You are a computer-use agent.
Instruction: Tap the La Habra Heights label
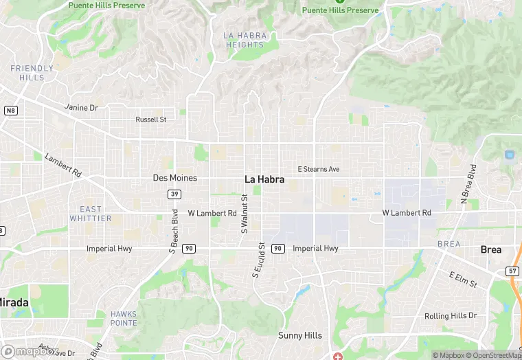click(x=244, y=40)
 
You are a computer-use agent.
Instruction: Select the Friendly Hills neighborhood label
click(x=32, y=73)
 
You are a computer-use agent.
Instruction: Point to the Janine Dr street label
click(x=81, y=108)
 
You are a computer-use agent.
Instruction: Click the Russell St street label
click(x=151, y=120)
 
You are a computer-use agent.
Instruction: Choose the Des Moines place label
click(x=174, y=178)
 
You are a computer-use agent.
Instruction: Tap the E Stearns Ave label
click(x=318, y=169)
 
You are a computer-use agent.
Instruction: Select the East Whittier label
click(x=90, y=214)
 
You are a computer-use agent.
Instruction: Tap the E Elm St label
click(x=462, y=280)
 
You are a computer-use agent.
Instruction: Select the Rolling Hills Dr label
click(x=450, y=316)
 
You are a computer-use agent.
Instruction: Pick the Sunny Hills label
click(x=299, y=336)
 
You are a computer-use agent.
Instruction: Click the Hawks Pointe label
click(x=124, y=318)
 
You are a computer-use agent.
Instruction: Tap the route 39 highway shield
click(x=174, y=194)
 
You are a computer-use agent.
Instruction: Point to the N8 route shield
click(x=10, y=111)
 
